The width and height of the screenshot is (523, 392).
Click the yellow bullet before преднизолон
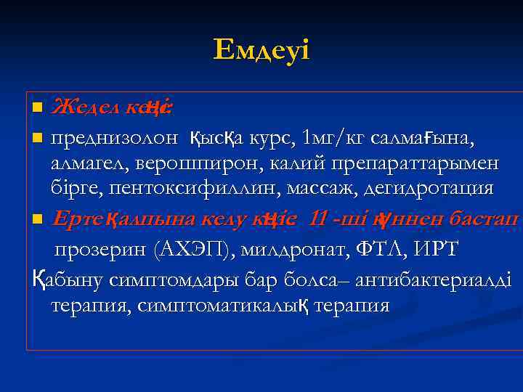(38, 136)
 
